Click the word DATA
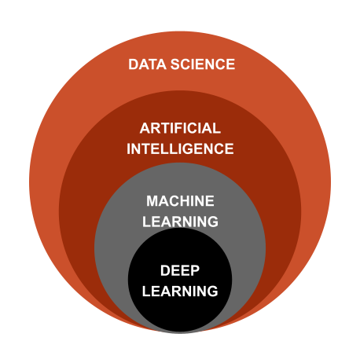pyautogui.click(x=147, y=64)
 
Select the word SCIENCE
pyautogui.click(x=203, y=64)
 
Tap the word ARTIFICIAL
pyautogui.click(x=180, y=128)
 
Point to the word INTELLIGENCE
pyautogui.click(x=180, y=148)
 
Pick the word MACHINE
pyautogui.click(x=180, y=201)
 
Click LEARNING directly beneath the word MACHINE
pyautogui.click(x=180, y=222)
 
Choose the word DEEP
pyautogui.click(x=180, y=270)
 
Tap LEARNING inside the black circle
pyautogui.click(x=180, y=291)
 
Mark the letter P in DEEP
pyautogui.click(x=195, y=270)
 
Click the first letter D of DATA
pyautogui.click(x=133, y=64)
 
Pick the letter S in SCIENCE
pyautogui.click(x=176, y=64)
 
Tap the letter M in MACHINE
pyautogui.click(x=152, y=201)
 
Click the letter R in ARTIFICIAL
pyautogui.click(x=156, y=128)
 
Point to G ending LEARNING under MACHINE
pyautogui.click(x=212, y=222)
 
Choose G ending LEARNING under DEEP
pyautogui.click(x=212, y=291)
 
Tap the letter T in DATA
pyautogui.click(x=152, y=64)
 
